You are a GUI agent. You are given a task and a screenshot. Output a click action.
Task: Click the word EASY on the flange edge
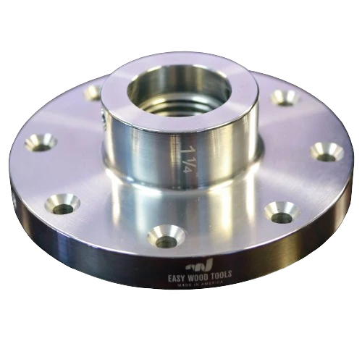(177, 278)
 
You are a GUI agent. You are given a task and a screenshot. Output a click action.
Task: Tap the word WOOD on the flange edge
(198, 276)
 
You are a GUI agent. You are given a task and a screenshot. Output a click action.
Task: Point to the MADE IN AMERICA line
(200, 283)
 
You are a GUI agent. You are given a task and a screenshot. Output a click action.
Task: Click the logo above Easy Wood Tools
(199, 266)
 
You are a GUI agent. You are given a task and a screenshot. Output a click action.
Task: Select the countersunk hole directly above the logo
(166, 237)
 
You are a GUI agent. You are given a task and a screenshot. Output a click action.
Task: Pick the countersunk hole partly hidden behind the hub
(93, 93)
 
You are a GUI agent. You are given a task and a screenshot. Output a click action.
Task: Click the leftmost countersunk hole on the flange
(41, 143)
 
